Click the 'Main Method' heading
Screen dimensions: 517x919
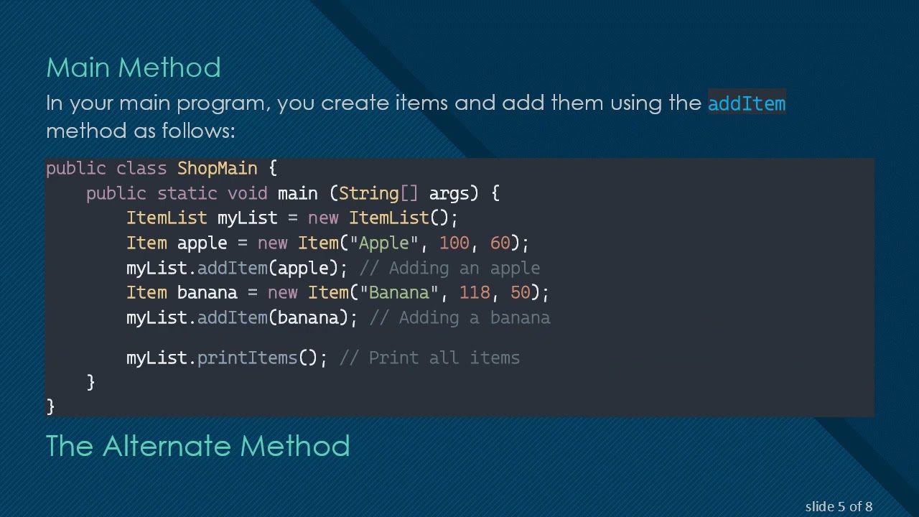[x=134, y=67]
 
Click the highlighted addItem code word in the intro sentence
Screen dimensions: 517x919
[x=747, y=103]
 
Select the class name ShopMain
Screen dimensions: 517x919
[x=217, y=168]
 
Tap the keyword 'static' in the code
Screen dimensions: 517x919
[x=187, y=193]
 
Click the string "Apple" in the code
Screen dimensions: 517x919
[x=383, y=243]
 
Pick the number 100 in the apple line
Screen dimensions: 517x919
[x=454, y=243]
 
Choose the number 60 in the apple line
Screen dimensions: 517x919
[x=500, y=243]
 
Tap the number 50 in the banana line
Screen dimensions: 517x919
[x=520, y=292]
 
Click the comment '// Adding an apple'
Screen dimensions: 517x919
[x=449, y=268]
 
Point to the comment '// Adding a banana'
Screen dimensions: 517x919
[x=459, y=317]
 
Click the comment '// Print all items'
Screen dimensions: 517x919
[x=429, y=358]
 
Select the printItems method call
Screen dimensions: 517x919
[x=247, y=358]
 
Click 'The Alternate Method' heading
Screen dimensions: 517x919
[x=197, y=446]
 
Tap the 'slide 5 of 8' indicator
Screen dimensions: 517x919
[x=839, y=507]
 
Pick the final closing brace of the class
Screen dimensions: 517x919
[x=50, y=406]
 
